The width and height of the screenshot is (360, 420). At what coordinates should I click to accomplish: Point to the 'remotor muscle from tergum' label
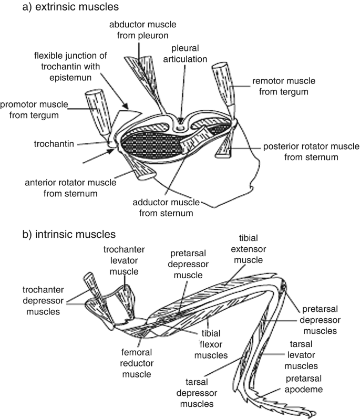coord(278,87)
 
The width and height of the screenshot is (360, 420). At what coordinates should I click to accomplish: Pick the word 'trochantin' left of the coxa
coord(38,142)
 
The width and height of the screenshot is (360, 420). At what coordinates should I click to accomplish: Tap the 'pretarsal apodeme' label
coord(308,384)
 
